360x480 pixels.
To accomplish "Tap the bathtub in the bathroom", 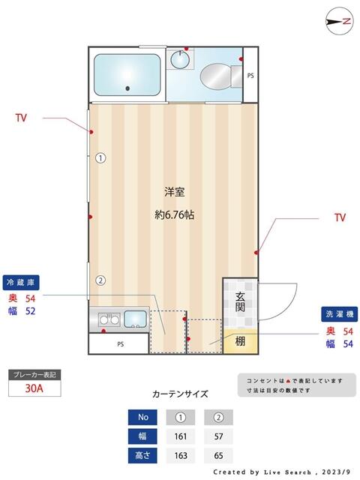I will pyautogui.click(x=127, y=75).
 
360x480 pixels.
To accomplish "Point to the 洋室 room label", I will pyautogui.click(x=175, y=190).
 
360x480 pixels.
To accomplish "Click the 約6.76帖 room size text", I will pyautogui.click(x=175, y=214).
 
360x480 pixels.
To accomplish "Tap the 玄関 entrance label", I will pyautogui.click(x=239, y=301).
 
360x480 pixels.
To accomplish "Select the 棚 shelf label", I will pyautogui.click(x=239, y=342).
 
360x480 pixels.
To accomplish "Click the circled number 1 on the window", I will pyautogui.click(x=100, y=158).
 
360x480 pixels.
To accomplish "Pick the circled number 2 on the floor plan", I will pyautogui.click(x=100, y=281).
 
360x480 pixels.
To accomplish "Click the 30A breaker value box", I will pyautogui.click(x=34, y=388).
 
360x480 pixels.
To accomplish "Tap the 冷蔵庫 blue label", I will pyautogui.click(x=21, y=283).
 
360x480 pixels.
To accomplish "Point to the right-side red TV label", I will pyautogui.click(x=340, y=218).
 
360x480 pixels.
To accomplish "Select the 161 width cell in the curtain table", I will pyautogui.click(x=181, y=436).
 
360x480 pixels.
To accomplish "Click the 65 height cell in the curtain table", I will pyautogui.click(x=219, y=455).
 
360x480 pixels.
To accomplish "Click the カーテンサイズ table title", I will pyautogui.click(x=180, y=394).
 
